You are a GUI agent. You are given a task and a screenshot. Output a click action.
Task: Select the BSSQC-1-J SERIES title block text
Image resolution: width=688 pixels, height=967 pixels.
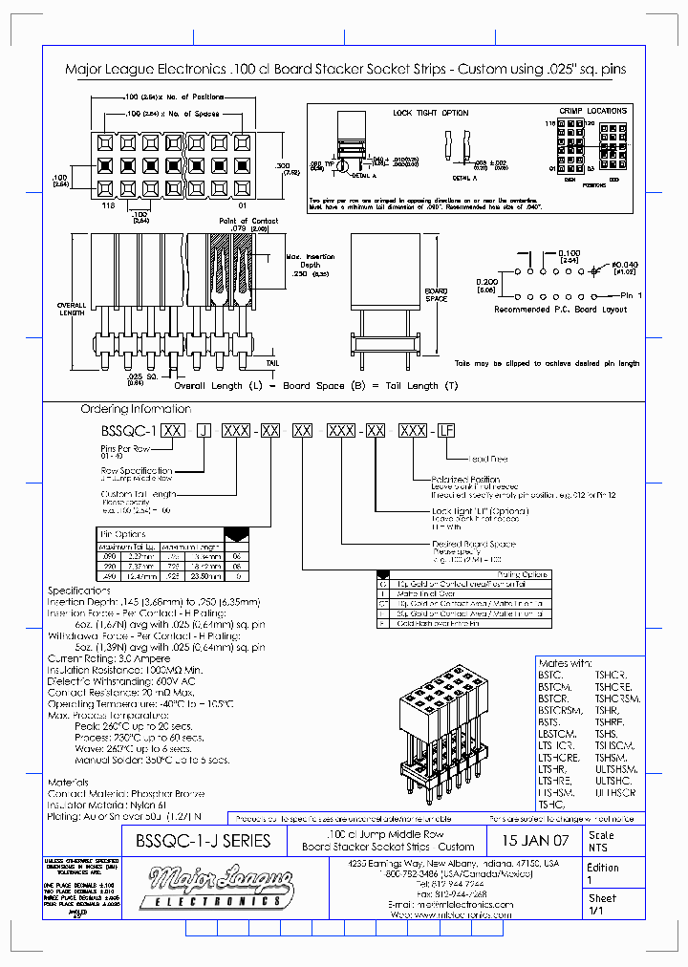click(204, 842)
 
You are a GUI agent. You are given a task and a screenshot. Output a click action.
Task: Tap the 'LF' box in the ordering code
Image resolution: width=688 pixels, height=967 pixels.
click(445, 432)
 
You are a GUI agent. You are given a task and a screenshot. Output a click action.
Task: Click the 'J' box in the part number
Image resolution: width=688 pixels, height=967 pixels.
click(203, 432)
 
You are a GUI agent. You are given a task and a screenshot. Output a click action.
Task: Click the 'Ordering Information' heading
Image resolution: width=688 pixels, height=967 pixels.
click(130, 409)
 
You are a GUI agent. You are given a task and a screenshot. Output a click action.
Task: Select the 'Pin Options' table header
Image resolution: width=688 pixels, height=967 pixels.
click(123, 534)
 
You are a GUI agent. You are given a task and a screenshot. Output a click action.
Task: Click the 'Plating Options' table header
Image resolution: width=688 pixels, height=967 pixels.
click(523, 574)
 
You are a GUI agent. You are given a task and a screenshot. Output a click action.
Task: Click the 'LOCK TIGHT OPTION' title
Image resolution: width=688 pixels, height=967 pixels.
click(431, 113)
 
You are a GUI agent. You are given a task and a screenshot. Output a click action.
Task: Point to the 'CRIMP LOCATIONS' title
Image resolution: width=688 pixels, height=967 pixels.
click(592, 112)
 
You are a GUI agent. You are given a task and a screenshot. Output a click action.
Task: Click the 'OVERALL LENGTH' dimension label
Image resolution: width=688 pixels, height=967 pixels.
click(73, 310)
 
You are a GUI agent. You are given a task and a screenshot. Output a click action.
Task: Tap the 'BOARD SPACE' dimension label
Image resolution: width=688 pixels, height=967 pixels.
click(436, 294)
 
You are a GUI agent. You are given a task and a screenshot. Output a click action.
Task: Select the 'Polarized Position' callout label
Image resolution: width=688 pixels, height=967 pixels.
click(465, 479)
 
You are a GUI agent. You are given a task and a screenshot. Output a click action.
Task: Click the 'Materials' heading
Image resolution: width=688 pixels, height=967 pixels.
click(69, 782)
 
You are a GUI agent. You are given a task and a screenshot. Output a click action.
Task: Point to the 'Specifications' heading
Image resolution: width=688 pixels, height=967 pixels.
click(80, 591)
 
